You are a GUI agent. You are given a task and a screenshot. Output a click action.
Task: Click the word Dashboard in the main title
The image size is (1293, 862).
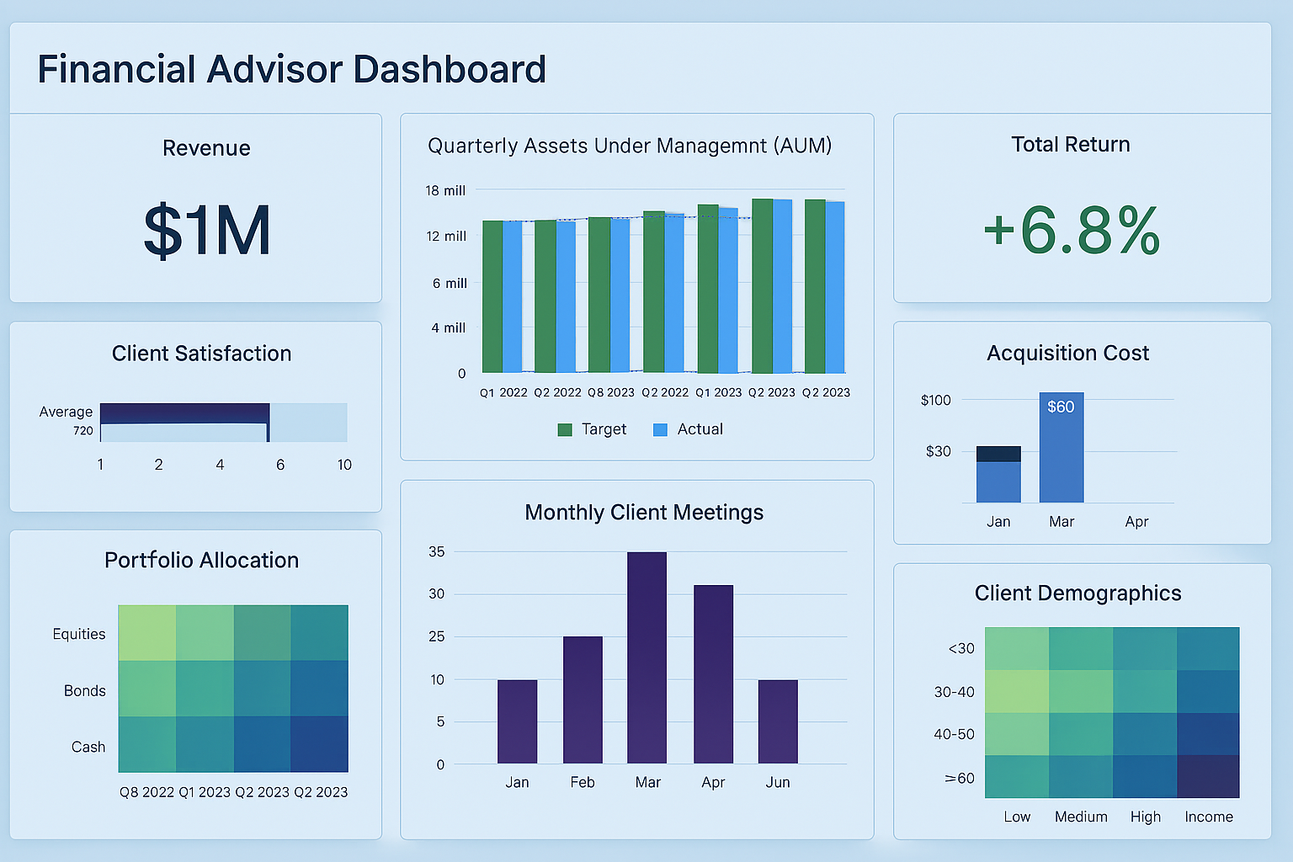pos(450,70)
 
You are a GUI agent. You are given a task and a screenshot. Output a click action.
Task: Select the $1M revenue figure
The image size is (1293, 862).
pos(207,231)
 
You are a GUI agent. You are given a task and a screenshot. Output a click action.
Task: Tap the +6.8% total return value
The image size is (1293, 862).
pos(1072,231)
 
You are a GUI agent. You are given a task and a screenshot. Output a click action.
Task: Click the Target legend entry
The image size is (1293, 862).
pos(593,429)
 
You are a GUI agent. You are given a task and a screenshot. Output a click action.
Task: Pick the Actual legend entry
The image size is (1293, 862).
pos(689,429)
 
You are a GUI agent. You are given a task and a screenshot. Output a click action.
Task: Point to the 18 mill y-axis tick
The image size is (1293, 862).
pos(445,191)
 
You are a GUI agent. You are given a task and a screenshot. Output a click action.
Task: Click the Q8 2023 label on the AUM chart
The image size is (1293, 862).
pos(611,392)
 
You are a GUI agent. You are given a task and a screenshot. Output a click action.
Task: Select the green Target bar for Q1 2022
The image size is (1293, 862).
pos(492,296)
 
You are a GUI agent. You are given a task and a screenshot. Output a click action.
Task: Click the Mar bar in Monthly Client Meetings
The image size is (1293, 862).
pos(646,657)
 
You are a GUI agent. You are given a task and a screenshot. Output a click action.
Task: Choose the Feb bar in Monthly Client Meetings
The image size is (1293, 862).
pos(583,700)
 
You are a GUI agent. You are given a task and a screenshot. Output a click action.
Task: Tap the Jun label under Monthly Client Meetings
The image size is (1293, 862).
pos(778,783)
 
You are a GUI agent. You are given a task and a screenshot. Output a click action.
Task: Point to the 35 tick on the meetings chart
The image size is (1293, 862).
pos(437,552)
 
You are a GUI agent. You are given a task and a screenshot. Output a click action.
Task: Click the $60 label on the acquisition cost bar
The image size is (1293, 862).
pos(1061,407)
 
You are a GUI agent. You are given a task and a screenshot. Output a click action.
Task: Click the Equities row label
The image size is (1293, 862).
pos(79,635)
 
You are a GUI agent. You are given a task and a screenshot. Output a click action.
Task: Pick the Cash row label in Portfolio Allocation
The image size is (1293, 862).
pos(88,748)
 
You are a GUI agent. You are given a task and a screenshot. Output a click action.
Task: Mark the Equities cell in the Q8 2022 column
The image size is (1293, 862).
pos(147,633)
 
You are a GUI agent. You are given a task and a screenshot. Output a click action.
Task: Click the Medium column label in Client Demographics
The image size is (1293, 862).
pos(1081,817)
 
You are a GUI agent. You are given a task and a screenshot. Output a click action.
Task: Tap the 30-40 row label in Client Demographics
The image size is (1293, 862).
pos(954,692)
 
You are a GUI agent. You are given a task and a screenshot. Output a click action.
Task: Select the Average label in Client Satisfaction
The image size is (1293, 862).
pos(66,412)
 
